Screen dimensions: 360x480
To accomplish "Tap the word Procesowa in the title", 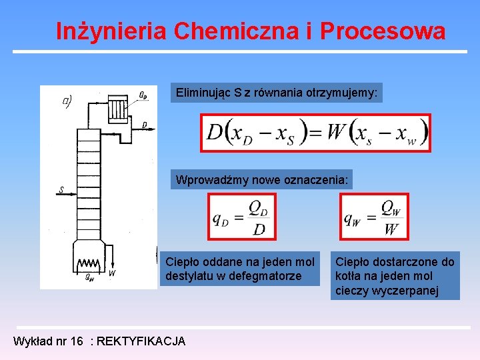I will [383, 31].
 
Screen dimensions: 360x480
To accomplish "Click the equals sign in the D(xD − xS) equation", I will [315, 133].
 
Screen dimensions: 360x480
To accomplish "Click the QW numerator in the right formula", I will [392, 209].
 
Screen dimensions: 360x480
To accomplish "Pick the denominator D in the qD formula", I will [259, 229].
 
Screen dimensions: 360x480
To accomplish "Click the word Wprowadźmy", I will [208, 179].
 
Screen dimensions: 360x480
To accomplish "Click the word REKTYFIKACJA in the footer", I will [141, 341].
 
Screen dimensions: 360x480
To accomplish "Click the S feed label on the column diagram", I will [61, 190].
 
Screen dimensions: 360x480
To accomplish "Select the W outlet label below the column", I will [111, 273].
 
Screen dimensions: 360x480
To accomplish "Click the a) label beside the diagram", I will [66, 102].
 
